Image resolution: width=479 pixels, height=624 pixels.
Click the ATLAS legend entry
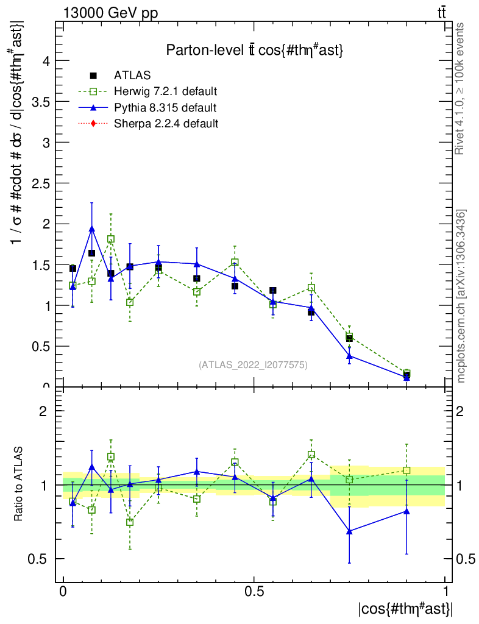(x=132, y=76)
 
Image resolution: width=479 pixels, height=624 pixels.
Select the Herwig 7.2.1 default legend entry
(x=165, y=92)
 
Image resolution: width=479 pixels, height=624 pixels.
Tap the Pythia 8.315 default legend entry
(x=165, y=108)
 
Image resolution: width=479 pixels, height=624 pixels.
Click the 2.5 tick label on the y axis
(x=38, y=183)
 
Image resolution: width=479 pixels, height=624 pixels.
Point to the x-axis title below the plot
(x=405, y=608)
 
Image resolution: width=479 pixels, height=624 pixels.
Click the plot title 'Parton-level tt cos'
(x=255, y=51)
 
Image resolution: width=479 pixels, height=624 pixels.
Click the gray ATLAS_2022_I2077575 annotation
(x=253, y=365)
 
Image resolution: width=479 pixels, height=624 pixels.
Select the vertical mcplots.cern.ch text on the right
(x=461, y=296)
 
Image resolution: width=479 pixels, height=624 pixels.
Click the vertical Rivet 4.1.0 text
(x=461, y=88)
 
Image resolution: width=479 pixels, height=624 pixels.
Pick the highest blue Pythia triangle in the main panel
(x=92, y=229)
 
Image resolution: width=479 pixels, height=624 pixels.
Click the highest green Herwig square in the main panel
(x=111, y=239)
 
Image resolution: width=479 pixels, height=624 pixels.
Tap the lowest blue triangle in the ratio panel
(x=349, y=531)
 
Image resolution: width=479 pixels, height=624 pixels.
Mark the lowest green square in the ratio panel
(x=130, y=522)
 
